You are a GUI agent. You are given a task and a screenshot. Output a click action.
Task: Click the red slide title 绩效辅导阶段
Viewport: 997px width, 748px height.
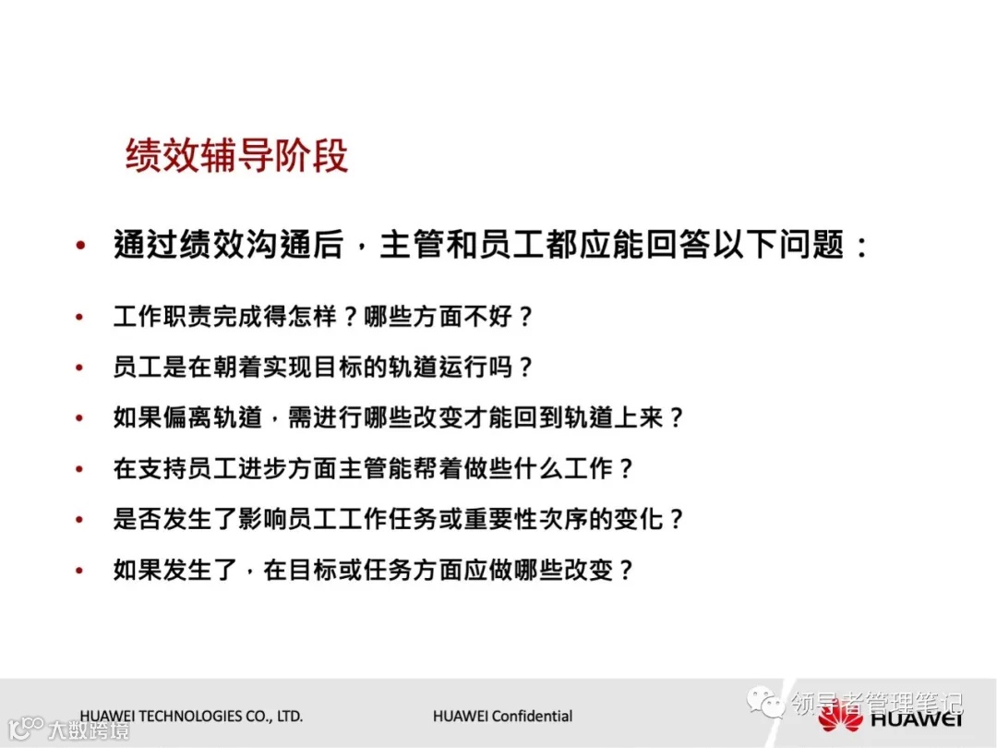236,156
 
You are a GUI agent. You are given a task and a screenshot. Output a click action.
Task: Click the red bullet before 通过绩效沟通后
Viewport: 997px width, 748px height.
81,247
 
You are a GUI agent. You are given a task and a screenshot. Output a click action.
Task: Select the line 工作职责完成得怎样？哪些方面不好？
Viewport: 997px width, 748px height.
323,317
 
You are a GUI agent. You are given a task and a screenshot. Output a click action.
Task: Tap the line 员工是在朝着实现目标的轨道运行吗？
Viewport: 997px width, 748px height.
323,368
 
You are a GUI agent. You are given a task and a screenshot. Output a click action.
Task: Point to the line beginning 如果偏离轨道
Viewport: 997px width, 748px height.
399,417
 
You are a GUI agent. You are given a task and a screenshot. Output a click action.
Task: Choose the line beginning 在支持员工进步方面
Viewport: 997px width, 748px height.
374,468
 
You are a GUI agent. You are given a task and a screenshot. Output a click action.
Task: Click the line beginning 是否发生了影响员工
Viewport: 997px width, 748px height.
399,519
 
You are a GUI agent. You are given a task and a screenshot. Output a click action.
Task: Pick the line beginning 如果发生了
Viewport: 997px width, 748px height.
374,570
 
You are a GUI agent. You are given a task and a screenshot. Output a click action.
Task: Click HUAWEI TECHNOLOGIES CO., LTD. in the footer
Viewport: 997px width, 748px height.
191,716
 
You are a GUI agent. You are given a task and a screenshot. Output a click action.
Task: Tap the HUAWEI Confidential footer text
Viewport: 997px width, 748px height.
502,716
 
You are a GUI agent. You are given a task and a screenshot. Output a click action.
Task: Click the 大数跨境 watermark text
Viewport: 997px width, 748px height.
89,730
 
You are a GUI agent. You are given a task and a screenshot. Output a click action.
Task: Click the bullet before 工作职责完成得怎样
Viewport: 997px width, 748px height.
81,318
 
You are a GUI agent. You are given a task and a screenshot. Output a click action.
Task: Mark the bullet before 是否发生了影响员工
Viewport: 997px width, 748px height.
81,520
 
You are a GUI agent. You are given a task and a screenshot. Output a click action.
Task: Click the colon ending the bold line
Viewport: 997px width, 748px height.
860,247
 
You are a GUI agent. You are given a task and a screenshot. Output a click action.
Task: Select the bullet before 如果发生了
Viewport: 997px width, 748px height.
81,571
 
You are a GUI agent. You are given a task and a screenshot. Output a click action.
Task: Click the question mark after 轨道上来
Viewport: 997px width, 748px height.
676,417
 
